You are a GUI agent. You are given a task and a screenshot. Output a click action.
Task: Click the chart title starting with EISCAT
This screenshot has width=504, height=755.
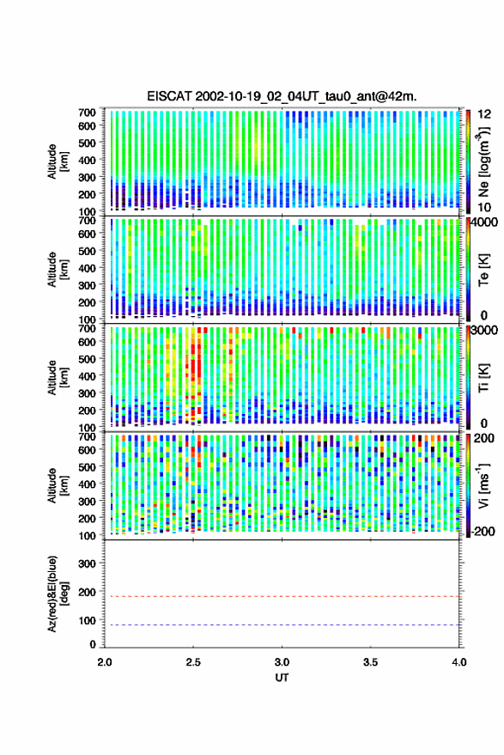[282, 96]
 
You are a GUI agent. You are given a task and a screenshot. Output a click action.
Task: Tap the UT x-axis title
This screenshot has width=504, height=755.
[282, 678]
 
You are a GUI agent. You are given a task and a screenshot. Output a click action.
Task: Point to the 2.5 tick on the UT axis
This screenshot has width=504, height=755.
[193, 662]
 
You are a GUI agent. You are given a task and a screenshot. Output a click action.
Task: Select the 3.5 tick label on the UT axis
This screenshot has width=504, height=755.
[371, 662]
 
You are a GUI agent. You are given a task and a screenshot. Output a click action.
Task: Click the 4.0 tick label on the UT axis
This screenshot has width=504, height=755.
[459, 662]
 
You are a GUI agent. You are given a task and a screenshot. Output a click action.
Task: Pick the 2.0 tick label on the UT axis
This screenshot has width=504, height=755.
[105, 662]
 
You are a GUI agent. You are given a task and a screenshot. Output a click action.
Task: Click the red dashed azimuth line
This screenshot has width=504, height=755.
[282, 597]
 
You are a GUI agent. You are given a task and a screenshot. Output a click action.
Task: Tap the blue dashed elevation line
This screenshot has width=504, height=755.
[282, 625]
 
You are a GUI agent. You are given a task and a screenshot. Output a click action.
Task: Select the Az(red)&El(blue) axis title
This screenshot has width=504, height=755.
[57, 594]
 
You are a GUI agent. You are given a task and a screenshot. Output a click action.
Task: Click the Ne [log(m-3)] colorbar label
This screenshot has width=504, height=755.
[484, 161]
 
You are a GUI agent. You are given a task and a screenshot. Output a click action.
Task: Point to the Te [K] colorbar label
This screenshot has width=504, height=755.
[483, 270]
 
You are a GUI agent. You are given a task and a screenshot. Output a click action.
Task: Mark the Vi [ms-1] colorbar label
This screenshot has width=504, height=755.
[484, 485]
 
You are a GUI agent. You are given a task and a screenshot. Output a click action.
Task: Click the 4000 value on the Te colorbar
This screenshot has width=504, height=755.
[485, 222]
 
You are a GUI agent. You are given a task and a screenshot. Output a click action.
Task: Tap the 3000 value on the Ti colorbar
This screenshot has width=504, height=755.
[485, 331]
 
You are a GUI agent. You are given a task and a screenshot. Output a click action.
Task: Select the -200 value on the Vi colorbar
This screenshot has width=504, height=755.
[483, 531]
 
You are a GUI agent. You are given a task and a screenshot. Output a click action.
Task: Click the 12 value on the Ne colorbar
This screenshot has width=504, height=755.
[484, 114]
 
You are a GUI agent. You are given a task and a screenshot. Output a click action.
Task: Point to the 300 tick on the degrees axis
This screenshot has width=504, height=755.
[87, 563]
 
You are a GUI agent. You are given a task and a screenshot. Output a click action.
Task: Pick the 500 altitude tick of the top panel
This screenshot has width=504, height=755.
[87, 143]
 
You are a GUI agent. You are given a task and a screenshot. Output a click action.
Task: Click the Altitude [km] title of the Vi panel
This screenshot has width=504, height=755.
[57, 485]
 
